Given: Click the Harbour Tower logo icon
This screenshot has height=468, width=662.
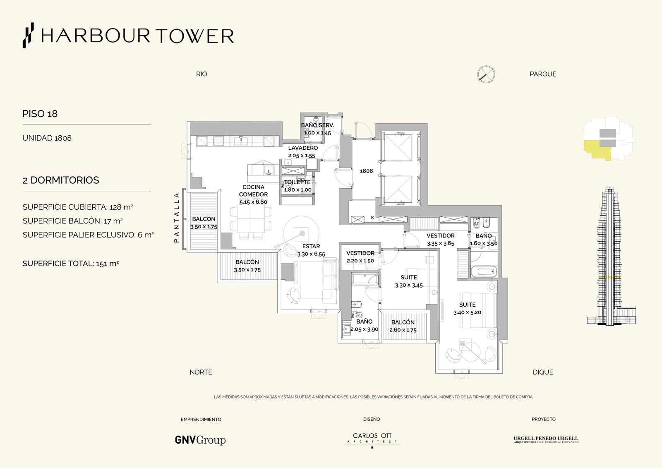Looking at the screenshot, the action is tap(29, 35).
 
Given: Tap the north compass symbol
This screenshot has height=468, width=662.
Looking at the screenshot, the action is tap(486, 74).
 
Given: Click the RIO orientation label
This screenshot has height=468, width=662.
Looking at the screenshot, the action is tap(201, 74).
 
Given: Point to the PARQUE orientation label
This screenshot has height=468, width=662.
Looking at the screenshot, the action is tap(543, 74).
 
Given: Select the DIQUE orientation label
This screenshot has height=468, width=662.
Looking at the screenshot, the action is tap(543, 372).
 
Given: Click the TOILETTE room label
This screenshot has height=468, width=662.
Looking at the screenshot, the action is tap(297, 182).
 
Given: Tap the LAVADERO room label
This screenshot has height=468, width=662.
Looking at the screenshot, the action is tap(303, 148).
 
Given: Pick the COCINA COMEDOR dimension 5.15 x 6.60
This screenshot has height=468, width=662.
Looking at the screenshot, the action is tap(253, 202).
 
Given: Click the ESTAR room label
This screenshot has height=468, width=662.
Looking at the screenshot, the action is tap(311, 246).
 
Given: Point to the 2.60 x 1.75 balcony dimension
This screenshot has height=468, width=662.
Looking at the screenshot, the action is tap(403, 330).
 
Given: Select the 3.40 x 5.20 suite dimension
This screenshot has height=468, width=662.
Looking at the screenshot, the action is tap(467, 312).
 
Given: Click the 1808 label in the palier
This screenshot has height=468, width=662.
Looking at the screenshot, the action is tap(366, 171).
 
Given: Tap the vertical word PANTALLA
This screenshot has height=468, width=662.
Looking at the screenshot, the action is tap(177, 218).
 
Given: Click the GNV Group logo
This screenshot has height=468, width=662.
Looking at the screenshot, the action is tap(200, 440).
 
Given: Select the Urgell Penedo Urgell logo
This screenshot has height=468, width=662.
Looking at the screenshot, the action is tap(546, 439).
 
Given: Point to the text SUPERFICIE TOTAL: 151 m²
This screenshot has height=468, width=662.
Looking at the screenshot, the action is tap(71, 264).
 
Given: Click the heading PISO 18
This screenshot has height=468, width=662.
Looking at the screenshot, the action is tap(40, 114).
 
